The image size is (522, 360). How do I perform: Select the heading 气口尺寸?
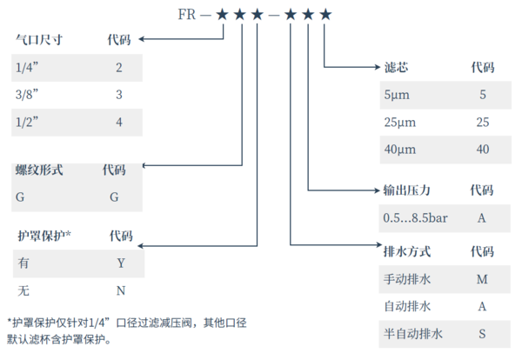39,39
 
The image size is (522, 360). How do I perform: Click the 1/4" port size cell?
29,66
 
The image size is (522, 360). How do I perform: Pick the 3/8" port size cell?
29,93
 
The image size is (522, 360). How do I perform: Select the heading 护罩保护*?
44,236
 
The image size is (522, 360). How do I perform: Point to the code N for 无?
121,289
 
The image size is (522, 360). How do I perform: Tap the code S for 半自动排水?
481,334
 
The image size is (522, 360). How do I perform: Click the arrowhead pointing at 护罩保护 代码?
144,246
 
